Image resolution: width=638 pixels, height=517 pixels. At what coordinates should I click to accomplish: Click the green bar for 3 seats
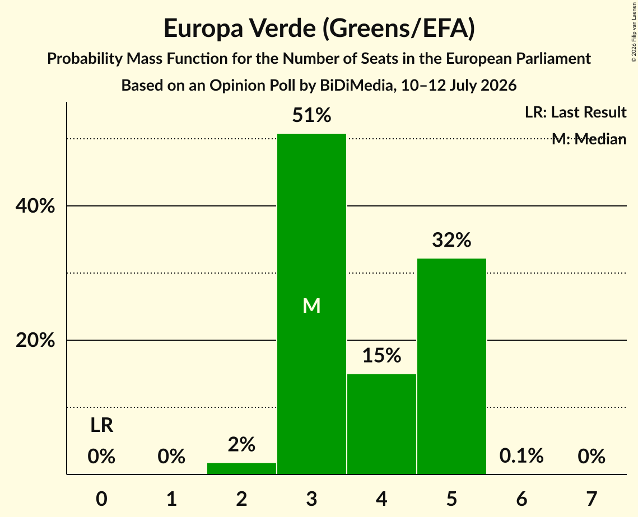coord(311,304)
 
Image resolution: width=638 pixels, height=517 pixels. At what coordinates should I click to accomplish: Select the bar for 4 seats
coord(381,424)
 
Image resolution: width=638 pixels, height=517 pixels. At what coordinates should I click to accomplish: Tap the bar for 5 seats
coord(451,366)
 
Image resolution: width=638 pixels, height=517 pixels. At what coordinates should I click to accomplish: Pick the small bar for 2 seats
coord(241,468)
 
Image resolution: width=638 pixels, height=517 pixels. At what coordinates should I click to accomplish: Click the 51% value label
coord(311,115)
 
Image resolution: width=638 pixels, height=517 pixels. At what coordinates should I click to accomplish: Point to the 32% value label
coord(451,240)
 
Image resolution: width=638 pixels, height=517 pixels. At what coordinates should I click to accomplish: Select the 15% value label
coord(381,355)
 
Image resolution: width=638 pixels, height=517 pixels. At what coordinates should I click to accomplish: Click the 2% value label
coord(241,444)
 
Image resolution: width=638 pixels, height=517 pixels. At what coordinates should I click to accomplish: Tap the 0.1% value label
coord(521,456)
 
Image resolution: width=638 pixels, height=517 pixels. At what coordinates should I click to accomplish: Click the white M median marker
coord(311,305)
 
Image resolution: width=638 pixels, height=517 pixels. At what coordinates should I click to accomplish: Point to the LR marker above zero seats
coord(102,425)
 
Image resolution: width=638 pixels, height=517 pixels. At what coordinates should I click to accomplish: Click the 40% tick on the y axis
coord(35,206)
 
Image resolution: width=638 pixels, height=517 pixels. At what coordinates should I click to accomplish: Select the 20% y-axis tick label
coord(35,340)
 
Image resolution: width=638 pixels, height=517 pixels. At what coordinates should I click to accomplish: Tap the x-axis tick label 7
coord(592,499)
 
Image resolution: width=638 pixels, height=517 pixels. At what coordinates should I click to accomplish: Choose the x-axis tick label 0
coord(102,499)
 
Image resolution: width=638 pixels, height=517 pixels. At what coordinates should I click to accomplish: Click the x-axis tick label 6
coord(521,499)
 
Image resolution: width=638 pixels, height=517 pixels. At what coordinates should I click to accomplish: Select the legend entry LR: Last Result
coord(576,112)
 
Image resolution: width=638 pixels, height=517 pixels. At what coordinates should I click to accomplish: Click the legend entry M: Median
coord(589,139)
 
